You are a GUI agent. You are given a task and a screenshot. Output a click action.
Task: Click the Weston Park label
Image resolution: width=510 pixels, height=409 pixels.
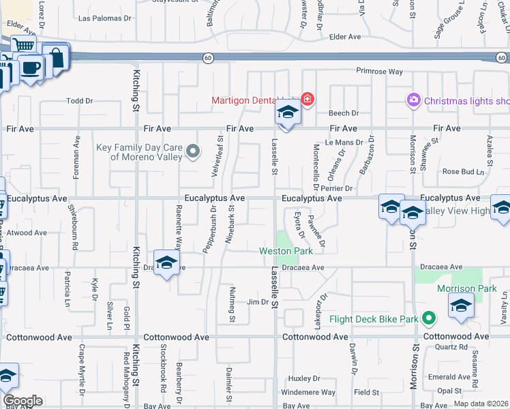pyautogui.click(x=286, y=252)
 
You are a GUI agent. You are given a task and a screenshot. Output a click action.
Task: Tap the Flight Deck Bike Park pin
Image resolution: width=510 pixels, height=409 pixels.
pyautogui.click(x=429, y=318)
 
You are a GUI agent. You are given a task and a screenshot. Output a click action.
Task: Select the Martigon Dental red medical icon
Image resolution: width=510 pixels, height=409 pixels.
pyautogui.click(x=307, y=100)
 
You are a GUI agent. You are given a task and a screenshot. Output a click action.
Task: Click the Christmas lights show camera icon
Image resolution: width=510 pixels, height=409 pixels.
pyautogui.click(x=413, y=101)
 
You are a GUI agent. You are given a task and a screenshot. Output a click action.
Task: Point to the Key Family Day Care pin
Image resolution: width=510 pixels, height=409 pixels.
pyautogui.click(x=194, y=152)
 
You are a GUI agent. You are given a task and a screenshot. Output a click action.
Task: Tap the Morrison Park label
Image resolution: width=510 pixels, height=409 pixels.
pyautogui.click(x=466, y=289)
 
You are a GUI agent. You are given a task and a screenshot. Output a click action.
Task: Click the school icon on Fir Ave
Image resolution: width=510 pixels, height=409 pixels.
pyautogui.click(x=288, y=113)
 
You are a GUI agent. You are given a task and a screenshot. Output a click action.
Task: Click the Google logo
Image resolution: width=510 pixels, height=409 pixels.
pyautogui.click(x=22, y=401)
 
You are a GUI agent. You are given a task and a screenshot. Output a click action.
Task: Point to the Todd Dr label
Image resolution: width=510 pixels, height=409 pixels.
pyautogui.click(x=79, y=101)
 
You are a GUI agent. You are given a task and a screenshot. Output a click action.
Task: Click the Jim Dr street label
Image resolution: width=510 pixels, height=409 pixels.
pyautogui.click(x=258, y=302)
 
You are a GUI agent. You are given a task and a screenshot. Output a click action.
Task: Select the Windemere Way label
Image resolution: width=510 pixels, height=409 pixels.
pyautogui.click(x=308, y=393)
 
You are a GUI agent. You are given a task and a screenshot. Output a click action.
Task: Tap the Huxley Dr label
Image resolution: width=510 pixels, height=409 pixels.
pyautogui.click(x=304, y=378)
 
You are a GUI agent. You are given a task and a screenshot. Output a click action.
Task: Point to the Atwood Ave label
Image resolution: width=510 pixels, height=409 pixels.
pyautogui.click(x=27, y=232)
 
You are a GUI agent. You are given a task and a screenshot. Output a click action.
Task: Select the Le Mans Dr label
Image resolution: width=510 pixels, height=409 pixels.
pyautogui.click(x=341, y=142)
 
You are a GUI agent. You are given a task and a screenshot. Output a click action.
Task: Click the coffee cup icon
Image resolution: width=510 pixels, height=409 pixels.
pyautogui.click(x=30, y=68)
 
